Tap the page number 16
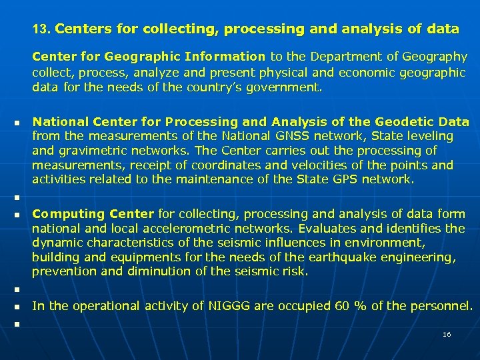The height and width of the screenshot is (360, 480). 447,334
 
